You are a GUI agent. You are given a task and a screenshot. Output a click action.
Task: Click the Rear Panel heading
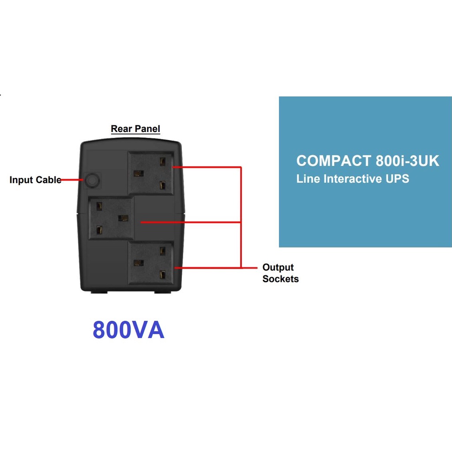click(135, 129)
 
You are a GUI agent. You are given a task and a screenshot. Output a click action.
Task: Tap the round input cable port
click(91, 180)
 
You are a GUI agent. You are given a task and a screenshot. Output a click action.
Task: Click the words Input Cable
click(35, 180)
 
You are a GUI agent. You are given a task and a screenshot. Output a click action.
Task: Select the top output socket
click(150, 173)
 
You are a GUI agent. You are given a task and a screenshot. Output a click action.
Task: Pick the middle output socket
click(111, 218)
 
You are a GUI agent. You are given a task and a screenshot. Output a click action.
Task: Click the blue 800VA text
click(128, 330)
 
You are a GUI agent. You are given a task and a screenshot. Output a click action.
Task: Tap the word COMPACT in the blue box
click(334, 161)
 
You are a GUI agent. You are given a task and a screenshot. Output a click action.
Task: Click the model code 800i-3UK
click(407, 161)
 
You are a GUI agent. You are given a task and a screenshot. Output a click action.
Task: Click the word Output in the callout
click(278, 267)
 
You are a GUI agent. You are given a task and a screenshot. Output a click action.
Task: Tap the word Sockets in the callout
click(280, 279)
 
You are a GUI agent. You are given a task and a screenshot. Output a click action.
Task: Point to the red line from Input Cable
click(72, 180)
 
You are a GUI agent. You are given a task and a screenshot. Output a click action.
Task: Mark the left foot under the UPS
click(99, 292)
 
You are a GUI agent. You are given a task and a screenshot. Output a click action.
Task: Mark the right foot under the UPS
click(162, 292)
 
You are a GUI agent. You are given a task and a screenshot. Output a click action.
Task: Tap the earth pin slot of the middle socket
click(124, 218)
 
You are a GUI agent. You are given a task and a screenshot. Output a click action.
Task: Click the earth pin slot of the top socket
click(138, 173)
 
